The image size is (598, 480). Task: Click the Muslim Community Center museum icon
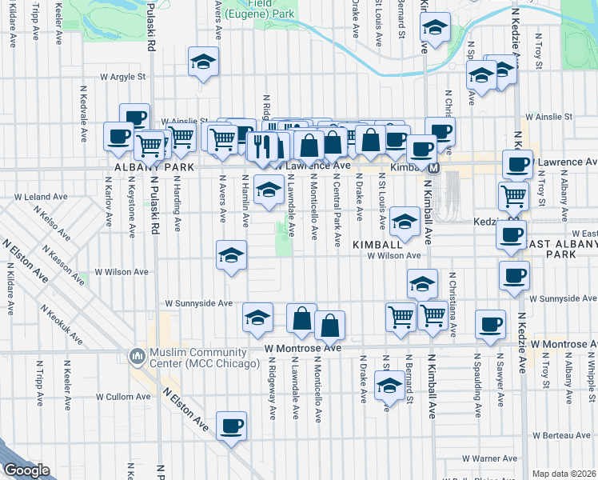(136, 354)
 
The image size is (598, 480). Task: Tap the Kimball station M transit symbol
(433, 168)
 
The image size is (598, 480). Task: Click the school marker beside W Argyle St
(203, 61)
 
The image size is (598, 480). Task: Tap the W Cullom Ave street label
(123, 396)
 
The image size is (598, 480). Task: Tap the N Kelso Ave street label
(48, 218)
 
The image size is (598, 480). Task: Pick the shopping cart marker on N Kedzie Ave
(512, 195)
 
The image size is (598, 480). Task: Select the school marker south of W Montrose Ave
(389, 386)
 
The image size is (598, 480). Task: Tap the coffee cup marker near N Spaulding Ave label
(490, 324)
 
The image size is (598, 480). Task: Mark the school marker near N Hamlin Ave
(232, 256)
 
